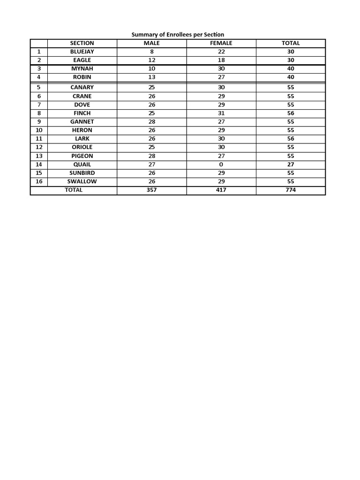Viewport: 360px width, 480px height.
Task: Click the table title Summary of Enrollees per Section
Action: click(178, 35)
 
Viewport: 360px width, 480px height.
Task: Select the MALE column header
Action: click(152, 43)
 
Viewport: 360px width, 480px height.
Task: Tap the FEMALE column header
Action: click(221, 43)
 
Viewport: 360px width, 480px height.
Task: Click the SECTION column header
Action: click(82, 43)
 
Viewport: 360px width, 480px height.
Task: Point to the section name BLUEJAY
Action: click(82, 52)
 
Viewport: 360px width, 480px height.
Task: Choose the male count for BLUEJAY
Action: click(152, 52)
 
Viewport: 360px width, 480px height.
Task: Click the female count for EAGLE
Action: click(221, 60)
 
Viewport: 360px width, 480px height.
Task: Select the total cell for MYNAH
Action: click(291, 68)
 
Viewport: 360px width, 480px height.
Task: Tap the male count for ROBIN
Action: click(152, 77)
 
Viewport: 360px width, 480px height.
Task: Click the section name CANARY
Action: click(82, 87)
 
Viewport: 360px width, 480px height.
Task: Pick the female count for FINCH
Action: click(221, 113)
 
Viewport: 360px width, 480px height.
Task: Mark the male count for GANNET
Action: click(152, 121)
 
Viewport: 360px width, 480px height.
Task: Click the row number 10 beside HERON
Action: click(39, 130)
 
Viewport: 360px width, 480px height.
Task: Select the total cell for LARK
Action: click(291, 138)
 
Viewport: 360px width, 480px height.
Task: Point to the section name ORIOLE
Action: click(82, 147)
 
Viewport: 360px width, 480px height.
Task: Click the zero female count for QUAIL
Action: click(221, 165)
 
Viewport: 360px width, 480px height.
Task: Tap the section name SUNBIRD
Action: click(82, 173)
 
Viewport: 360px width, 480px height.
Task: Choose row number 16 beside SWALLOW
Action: click(39, 181)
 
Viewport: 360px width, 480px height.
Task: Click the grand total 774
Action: click(291, 190)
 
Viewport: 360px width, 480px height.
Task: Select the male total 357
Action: click(152, 190)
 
